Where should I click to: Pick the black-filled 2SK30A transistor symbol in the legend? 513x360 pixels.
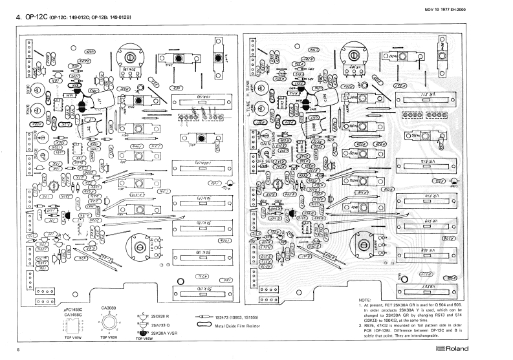click(142, 333)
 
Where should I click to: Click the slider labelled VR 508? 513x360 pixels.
click(431, 249)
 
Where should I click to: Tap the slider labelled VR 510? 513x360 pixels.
click(431, 195)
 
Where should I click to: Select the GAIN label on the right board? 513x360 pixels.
click(263, 147)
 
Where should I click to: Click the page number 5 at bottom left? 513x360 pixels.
click(18, 350)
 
